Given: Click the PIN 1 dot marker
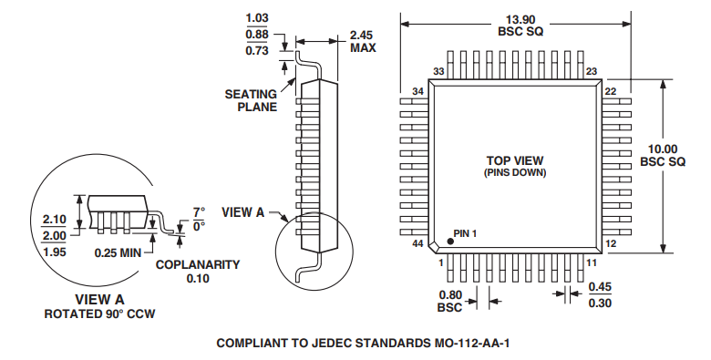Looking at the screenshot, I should click(x=449, y=243).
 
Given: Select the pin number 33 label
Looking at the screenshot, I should click(x=438, y=71).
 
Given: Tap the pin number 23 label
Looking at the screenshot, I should click(x=591, y=71).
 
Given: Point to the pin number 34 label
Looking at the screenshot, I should click(x=418, y=91).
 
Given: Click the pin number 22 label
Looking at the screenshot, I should click(x=611, y=91).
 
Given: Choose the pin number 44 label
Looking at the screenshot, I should click(x=418, y=244).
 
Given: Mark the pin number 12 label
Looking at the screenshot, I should click(x=611, y=244).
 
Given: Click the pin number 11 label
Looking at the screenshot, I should click(x=591, y=262).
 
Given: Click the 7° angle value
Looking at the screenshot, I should click(x=198, y=212).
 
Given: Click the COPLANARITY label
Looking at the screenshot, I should click(x=197, y=265).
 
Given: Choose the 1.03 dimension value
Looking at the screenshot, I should click(x=260, y=18).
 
